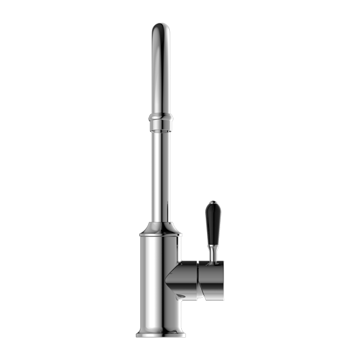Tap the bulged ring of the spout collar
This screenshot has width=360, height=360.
click(160, 119)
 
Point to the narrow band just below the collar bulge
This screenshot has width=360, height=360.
click(160, 127)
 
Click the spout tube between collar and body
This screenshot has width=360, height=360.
click(160, 174)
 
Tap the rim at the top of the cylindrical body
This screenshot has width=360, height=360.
click(160, 235)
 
